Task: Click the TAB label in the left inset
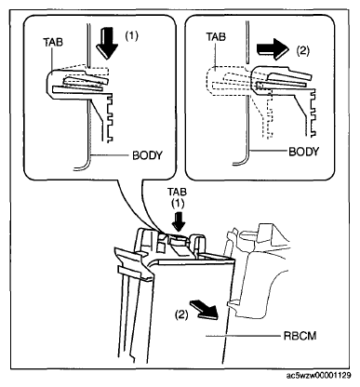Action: [x=53, y=42]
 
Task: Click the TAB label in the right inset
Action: [x=216, y=37]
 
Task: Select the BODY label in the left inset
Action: [x=147, y=155]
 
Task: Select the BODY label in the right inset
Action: [x=304, y=152]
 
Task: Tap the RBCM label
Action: [x=300, y=336]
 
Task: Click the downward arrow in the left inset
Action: [x=107, y=43]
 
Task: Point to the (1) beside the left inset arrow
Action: [x=131, y=36]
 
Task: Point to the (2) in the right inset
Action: [x=303, y=50]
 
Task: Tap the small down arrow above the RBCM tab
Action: [x=179, y=221]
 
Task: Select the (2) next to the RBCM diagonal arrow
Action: [x=181, y=315]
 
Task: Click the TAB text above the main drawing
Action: [x=177, y=192]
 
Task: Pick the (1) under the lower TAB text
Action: [x=178, y=203]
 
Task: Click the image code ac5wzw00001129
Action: [x=319, y=376]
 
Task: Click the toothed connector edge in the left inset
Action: [x=109, y=119]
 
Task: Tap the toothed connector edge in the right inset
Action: [x=313, y=113]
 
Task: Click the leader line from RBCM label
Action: [x=243, y=336]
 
